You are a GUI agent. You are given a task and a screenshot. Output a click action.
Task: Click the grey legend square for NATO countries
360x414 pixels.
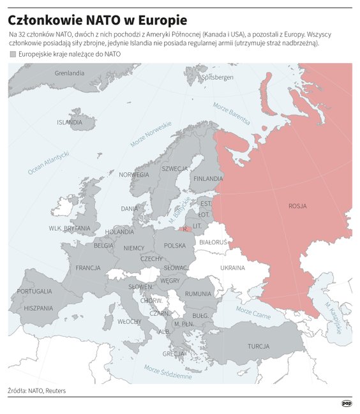[13, 54]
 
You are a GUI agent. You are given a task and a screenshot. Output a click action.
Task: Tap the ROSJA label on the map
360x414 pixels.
[297, 206]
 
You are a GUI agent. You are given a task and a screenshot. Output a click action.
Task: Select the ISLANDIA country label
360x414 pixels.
[70, 122]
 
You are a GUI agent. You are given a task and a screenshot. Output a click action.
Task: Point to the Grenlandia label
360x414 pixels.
[70, 73]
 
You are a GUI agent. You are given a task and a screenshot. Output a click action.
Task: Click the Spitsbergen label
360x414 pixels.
[218, 77]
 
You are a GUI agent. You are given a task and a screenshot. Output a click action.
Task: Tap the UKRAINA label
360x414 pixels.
[232, 268]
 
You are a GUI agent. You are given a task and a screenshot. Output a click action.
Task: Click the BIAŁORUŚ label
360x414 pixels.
[213, 242]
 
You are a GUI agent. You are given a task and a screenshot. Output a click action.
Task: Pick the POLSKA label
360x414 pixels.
[175, 245]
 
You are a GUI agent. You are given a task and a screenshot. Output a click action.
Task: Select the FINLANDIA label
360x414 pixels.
[208, 179]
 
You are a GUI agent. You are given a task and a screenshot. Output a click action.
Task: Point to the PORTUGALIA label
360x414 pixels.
[34, 291]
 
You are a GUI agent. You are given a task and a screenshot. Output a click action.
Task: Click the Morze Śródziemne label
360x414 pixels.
[167, 372]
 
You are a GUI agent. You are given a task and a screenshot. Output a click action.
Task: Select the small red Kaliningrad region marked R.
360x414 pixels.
[184, 229]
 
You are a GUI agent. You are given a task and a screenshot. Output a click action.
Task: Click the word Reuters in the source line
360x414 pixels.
[56, 390]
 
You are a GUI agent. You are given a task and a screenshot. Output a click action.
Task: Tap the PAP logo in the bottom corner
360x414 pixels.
[347, 403]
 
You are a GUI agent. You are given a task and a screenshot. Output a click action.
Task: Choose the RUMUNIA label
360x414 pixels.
[199, 293]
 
